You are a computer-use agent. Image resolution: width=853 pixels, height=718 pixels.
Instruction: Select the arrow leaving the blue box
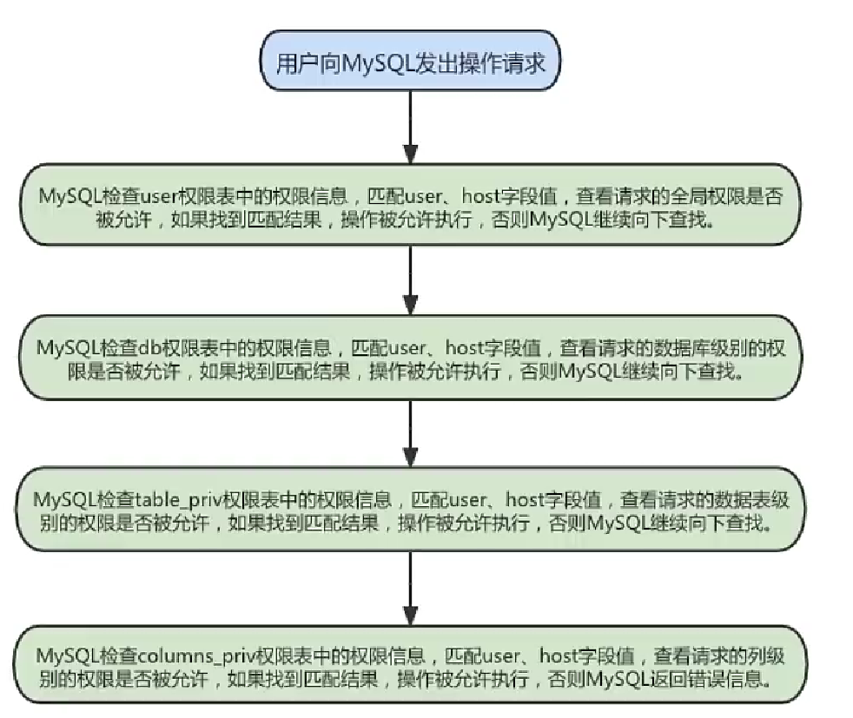[x=408, y=130]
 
